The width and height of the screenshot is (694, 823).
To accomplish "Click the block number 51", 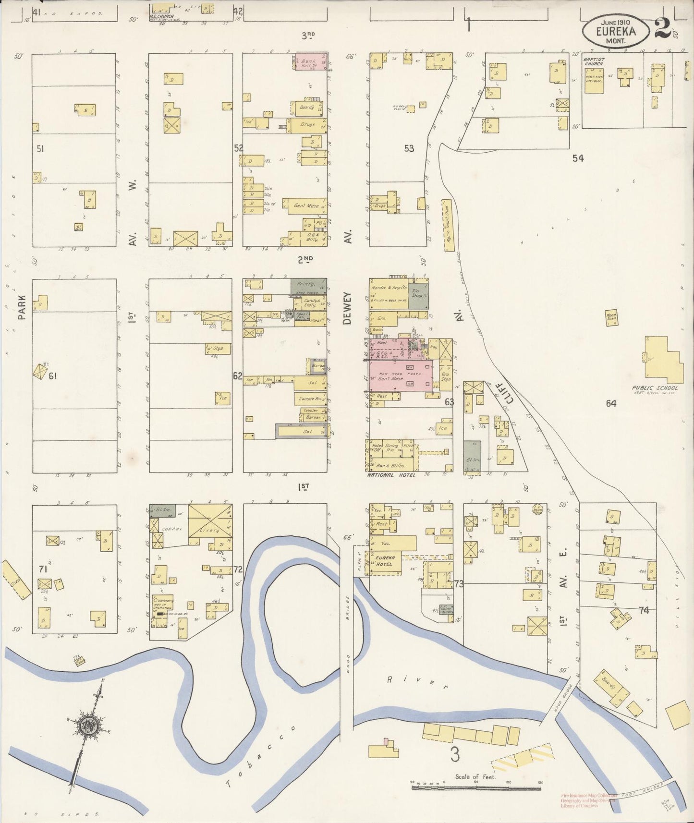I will (40, 149).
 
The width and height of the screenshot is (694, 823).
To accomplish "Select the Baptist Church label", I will (594, 61).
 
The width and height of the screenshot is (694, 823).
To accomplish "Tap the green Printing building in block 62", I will (308, 286).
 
